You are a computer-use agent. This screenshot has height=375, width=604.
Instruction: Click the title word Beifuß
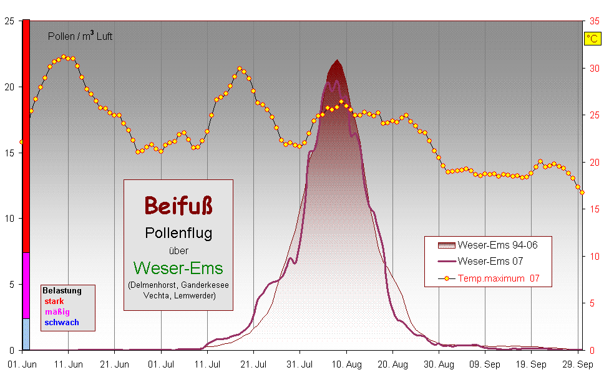[178, 204]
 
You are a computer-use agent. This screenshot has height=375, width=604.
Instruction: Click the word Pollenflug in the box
[178, 233]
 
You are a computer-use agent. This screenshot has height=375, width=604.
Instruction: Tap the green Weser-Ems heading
[178, 268]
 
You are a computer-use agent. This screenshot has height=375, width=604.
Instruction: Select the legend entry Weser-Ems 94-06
[497, 245]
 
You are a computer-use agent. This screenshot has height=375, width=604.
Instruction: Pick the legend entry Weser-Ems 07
[490, 261]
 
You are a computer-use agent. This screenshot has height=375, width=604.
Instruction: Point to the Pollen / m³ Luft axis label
[80, 36]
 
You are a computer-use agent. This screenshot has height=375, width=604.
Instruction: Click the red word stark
[54, 301]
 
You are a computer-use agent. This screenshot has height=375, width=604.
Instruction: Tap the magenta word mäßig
[57, 311]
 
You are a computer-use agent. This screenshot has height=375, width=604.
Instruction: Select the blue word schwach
[61, 322]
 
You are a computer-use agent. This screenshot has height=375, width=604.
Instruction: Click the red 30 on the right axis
[594, 69]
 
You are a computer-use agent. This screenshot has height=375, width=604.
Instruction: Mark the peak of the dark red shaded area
[338, 60]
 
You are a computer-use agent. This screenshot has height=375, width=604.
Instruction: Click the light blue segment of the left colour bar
[26, 334]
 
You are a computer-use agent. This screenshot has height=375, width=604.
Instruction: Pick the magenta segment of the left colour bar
[26, 285]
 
